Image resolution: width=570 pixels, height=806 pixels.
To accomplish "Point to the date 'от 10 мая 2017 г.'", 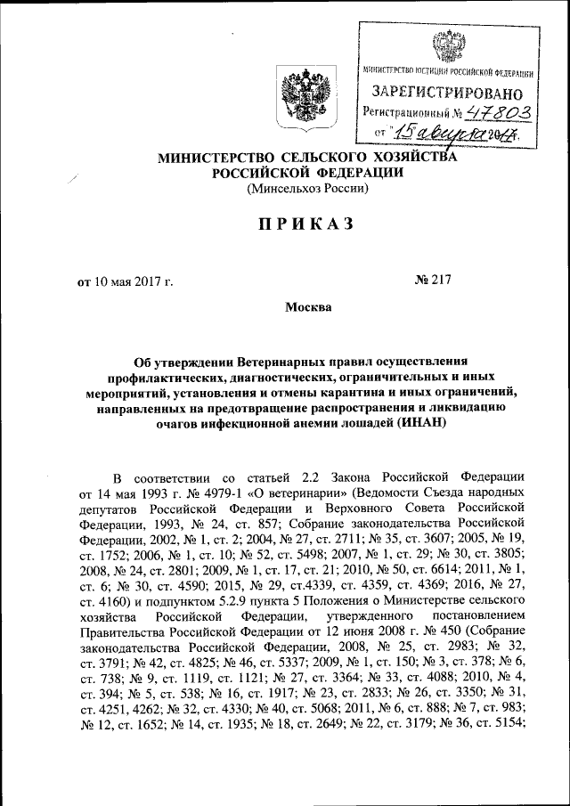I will [125, 282].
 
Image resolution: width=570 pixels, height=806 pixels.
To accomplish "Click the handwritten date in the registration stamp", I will [454, 134].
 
